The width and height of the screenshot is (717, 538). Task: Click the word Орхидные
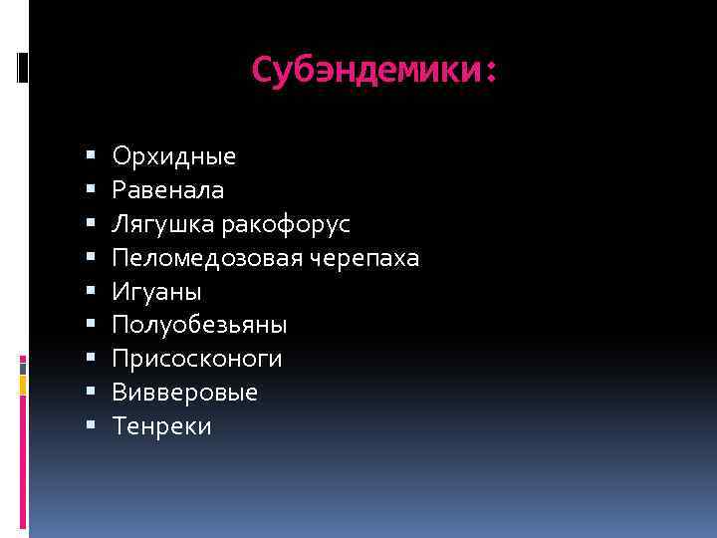point(174,156)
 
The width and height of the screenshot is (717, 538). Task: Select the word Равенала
point(168,189)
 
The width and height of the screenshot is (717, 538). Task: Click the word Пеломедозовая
point(201,258)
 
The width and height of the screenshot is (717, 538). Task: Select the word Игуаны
point(157,292)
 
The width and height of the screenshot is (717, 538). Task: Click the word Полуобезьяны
point(200,325)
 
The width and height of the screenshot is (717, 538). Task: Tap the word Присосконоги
point(197,359)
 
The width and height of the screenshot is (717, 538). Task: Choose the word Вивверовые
point(185,393)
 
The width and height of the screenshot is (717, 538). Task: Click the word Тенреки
point(162,426)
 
